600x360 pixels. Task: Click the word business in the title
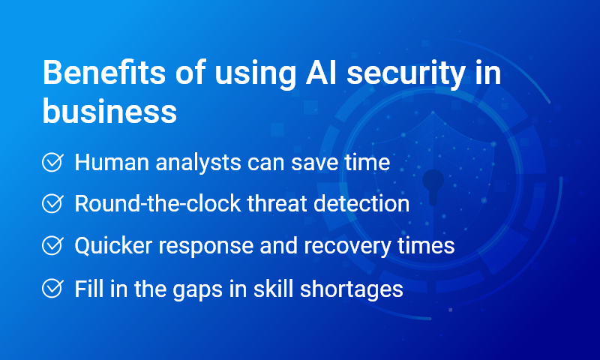[109, 112]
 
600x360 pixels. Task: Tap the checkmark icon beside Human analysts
[52, 163]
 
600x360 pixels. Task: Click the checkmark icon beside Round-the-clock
[52, 204]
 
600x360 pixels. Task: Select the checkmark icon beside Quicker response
[52, 246]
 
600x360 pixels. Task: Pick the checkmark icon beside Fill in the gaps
[52, 289]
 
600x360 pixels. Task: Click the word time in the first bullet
[368, 163]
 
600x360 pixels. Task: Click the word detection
[360, 204]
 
